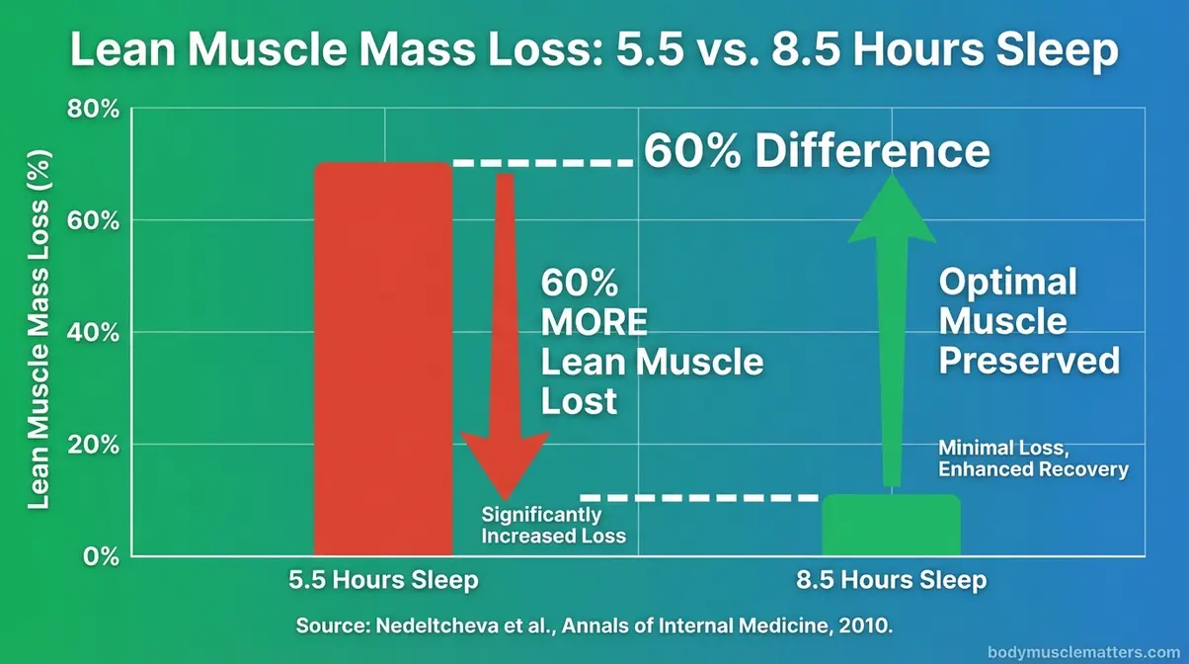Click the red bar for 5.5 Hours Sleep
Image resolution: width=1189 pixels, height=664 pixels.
click(x=383, y=361)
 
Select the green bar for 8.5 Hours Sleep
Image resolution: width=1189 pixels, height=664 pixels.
click(x=891, y=526)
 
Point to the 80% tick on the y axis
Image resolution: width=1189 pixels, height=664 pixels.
click(x=92, y=109)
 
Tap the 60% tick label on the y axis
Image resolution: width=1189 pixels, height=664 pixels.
click(x=92, y=220)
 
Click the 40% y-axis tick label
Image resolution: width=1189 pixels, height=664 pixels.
click(x=92, y=332)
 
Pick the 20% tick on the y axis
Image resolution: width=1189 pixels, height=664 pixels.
click(x=92, y=444)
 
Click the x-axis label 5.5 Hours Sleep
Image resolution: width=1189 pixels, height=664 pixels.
click(x=383, y=580)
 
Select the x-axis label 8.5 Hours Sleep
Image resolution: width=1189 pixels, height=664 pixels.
click(x=891, y=580)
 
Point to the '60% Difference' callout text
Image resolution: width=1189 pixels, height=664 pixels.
click(x=816, y=152)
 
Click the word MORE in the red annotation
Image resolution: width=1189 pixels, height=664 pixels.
click(x=594, y=323)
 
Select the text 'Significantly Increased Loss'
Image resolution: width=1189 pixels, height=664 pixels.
click(x=553, y=526)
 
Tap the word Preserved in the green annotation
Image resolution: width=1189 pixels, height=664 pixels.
click(x=1028, y=361)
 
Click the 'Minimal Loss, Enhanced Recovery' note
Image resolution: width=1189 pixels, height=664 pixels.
click(x=1032, y=458)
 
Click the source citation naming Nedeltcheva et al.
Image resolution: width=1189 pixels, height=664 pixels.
click(x=593, y=625)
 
